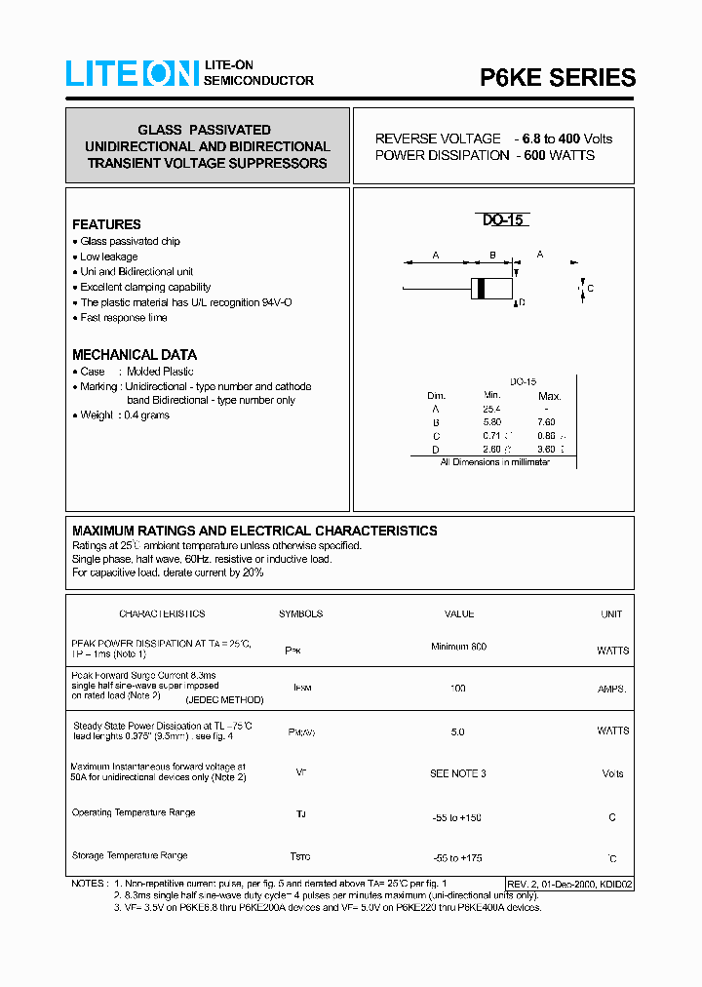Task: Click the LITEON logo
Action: pos(133,74)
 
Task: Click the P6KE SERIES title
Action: pos(557,78)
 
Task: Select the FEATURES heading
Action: pos(106,224)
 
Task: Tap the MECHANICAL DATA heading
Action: pos(135,355)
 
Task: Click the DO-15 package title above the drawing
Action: pos(503,220)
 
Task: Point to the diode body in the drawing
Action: pos(491,289)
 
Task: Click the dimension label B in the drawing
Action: pos(492,255)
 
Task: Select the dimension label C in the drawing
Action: pos(591,289)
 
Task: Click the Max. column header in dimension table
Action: pos(550,396)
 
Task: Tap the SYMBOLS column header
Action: pos(300,614)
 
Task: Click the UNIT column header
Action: pos(611,614)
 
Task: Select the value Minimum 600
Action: pos(458,647)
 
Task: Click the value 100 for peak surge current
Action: pos(457,689)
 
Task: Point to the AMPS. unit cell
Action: pos(612,689)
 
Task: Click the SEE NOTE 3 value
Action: pos(457,773)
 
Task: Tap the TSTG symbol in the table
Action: pos(300,857)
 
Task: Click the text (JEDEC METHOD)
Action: pos(224,699)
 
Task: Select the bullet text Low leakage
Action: pos(108,257)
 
